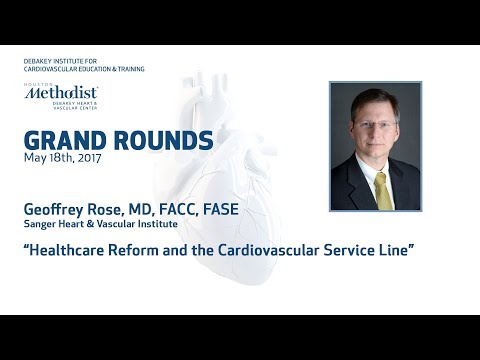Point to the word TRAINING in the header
coord(126,69)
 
